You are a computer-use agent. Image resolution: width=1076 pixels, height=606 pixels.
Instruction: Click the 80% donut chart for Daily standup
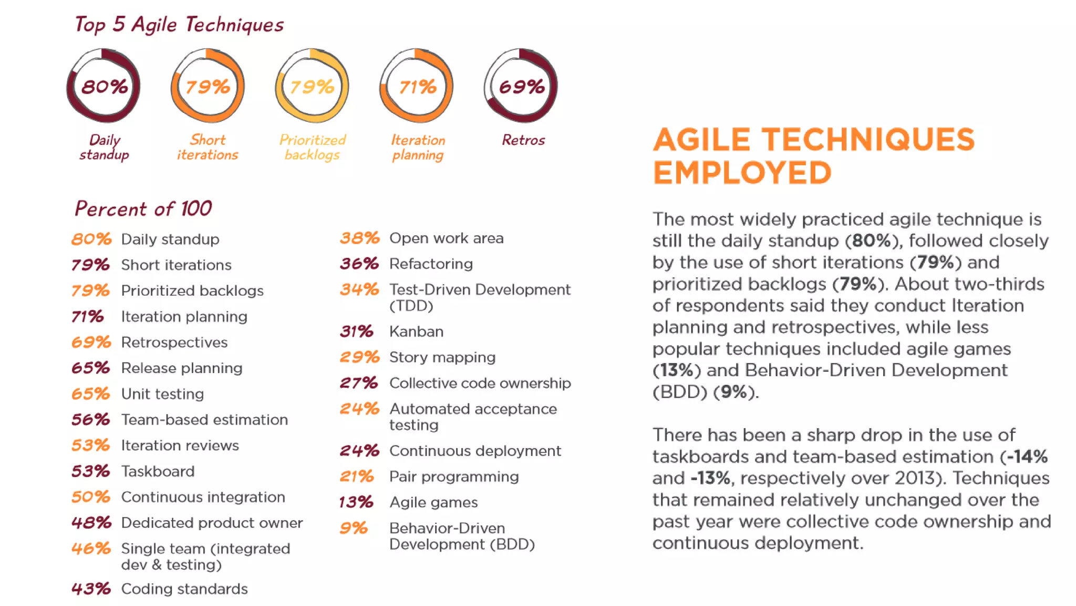pyautogui.click(x=104, y=86)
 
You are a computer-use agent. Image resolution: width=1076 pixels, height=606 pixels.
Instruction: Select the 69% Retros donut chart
pyautogui.click(x=521, y=86)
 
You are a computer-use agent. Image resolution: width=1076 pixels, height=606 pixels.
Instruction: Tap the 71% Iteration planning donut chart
pyautogui.click(x=417, y=86)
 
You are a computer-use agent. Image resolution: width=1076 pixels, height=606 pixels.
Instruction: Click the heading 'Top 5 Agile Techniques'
pyautogui.click(x=179, y=25)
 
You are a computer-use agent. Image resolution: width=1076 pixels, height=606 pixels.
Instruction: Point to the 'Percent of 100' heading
pyautogui.click(x=143, y=209)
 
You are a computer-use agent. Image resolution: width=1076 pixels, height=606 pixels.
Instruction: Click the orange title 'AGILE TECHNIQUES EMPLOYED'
pyautogui.click(x=813, y=156)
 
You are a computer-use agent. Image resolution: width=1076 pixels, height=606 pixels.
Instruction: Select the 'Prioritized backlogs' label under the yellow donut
pyautogui.click(x=312, y=147)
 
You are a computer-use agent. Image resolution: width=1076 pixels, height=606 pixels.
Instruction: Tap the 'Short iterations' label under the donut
pyautogui.click(x=208, y=147)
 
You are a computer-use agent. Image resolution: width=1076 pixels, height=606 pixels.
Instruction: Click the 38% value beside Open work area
pyautogui.click(x=359, y=238)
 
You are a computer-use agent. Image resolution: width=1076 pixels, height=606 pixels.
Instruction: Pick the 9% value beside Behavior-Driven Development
pyautogui.click(x=353, y=528)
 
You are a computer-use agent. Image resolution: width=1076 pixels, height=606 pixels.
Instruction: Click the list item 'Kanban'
pyautogui.click(x=416, y=331)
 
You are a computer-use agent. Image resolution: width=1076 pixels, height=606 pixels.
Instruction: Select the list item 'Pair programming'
pyautogui.click(x=454, y=477)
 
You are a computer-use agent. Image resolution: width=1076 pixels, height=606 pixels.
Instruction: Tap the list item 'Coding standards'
pyautogui.click(x=184, y=589)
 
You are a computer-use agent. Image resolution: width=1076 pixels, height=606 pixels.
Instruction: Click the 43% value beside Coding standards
pyautogui.click(x=91, y=589)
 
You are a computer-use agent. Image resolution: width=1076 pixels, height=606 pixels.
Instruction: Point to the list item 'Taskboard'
pyautogui.click(x=158, y=471)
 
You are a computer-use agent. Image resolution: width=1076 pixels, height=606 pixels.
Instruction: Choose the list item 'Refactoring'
pyautogui.click(x=431, y=264)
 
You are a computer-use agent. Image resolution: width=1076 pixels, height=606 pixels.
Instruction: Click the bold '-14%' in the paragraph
pyautogui.click(x=1027, y=457)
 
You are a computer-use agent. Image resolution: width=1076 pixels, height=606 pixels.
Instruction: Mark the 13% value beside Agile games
pyautogui.click(x=356, y=502)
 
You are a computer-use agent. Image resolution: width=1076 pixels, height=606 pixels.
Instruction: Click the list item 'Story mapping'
pyautogui.click(x=442, y=357)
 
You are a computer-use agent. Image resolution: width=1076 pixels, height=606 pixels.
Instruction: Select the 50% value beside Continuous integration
pyautogui.click(x=91, y=497)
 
